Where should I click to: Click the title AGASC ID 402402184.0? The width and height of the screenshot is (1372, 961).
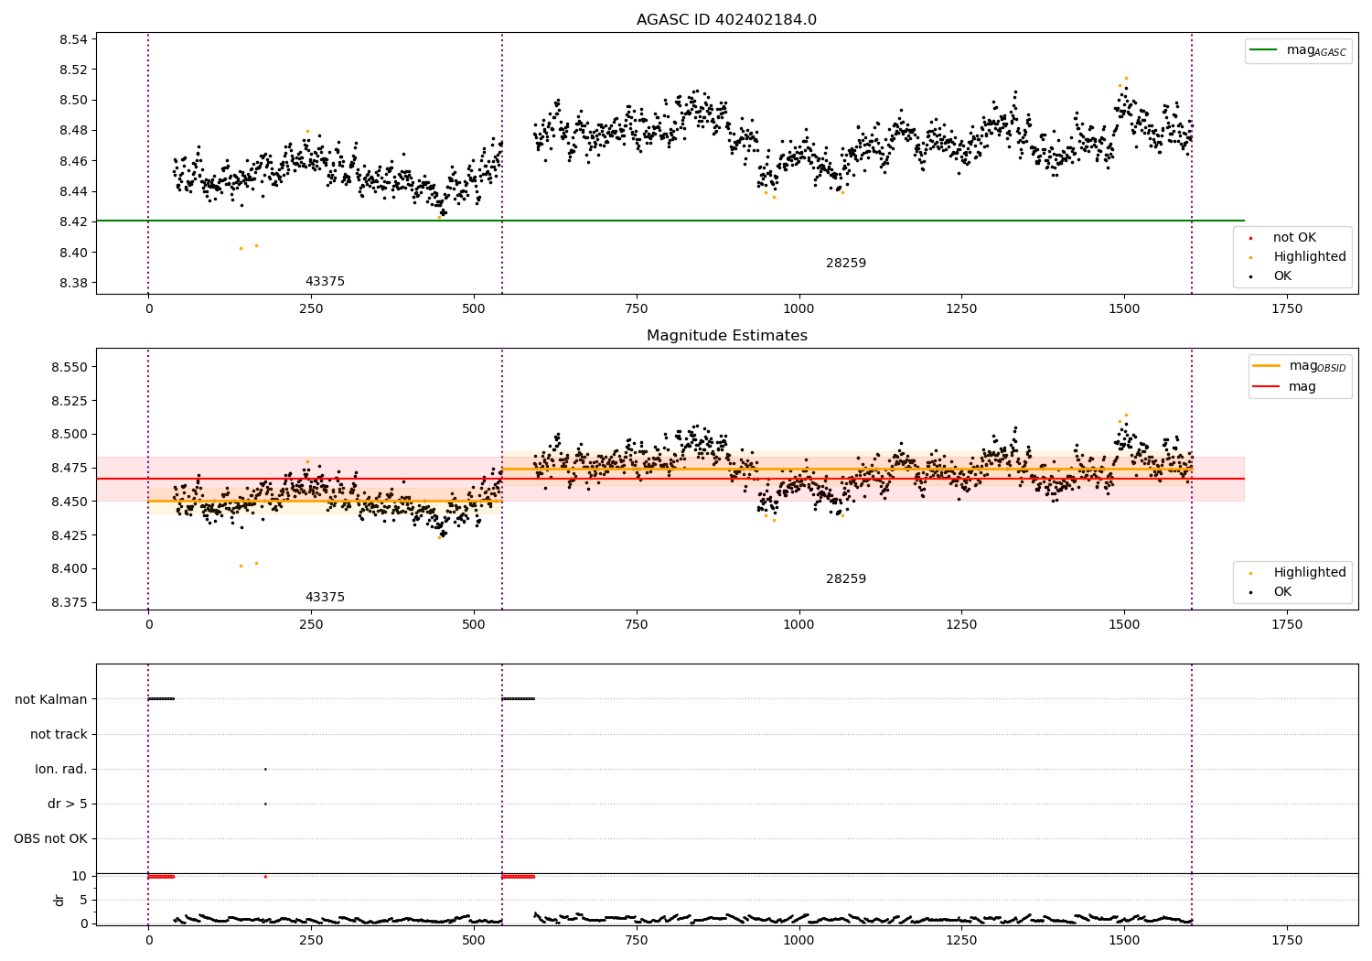coord(726,20)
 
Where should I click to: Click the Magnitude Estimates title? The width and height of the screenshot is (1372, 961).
coord(726,336)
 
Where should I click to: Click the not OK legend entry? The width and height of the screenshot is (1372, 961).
coord(1294,238)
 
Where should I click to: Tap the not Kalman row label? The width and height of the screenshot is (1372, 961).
coord(51,699)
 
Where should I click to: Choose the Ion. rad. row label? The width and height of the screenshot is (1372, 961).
coord(61,770)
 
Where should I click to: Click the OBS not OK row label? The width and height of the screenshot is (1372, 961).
coord(50,839)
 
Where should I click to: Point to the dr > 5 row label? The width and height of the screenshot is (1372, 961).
coord(68,804)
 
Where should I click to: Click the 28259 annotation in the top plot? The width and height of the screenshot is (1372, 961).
coord(846,264)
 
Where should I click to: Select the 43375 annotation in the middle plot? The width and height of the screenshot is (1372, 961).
coord(325,598)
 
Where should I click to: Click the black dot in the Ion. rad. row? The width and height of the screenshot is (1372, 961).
coord(265,769)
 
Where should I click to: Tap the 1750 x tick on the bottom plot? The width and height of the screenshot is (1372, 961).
coord(1287,941)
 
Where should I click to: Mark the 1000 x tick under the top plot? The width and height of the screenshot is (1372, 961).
coord(799,309)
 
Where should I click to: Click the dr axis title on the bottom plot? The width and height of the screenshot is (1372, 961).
coord(59,900)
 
